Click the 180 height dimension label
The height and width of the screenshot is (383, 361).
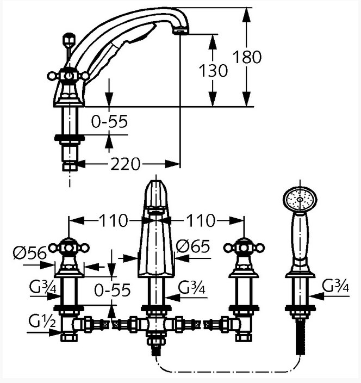247,57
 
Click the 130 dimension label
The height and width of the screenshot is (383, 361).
213,71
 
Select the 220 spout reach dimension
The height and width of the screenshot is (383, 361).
126,164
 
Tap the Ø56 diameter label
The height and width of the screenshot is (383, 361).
30,253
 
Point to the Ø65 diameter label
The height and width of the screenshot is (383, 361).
193,246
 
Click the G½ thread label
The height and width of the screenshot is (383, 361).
42,321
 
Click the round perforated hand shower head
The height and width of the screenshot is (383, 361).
300,199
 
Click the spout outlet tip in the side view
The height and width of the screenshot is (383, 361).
180,32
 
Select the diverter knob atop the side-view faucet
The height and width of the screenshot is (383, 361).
69,39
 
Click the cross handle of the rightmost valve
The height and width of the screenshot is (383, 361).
244,248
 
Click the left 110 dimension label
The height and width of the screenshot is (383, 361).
113,220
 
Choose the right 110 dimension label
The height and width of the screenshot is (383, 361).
201,220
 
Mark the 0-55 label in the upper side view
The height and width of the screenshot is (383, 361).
109,121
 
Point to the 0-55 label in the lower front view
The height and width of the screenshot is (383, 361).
113,290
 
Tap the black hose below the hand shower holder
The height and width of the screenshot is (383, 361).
300,337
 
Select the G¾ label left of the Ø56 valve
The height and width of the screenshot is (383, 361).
43,286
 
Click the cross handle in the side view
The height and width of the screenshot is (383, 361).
69,76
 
